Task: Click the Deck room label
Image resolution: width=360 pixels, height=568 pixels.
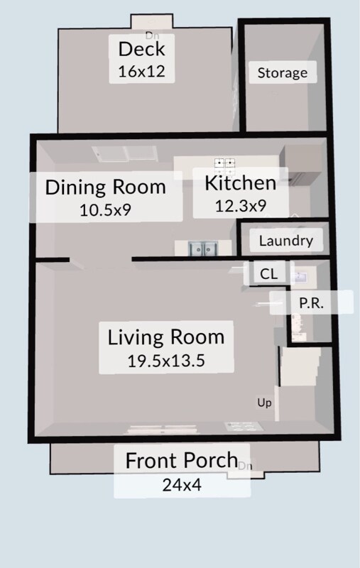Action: [141, 50]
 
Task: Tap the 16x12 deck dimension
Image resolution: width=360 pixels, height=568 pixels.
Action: [141, 71]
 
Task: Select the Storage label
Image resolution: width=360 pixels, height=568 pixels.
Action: [282, 72]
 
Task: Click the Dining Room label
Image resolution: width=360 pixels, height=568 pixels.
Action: [105, 187]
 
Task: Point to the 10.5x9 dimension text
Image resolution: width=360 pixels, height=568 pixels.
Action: [105, 209]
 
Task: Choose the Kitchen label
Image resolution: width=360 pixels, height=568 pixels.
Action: [240, 183]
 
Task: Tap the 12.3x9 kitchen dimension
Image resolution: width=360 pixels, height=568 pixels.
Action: [240, 206]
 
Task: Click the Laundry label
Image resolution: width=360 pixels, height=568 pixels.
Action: [285, 241]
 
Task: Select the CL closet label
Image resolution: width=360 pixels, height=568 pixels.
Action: [268, 274]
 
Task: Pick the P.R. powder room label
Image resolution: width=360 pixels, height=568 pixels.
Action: [311, 302]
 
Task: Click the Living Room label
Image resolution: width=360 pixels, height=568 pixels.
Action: [165, 337]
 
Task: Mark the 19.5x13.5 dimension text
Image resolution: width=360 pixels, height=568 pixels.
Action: [165, 360]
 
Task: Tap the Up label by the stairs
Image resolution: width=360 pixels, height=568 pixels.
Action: [264, 403]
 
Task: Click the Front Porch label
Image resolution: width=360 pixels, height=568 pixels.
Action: [181, 460]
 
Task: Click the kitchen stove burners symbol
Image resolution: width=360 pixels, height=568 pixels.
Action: [225, 165]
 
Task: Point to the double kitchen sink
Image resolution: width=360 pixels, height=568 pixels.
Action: [202, 248]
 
